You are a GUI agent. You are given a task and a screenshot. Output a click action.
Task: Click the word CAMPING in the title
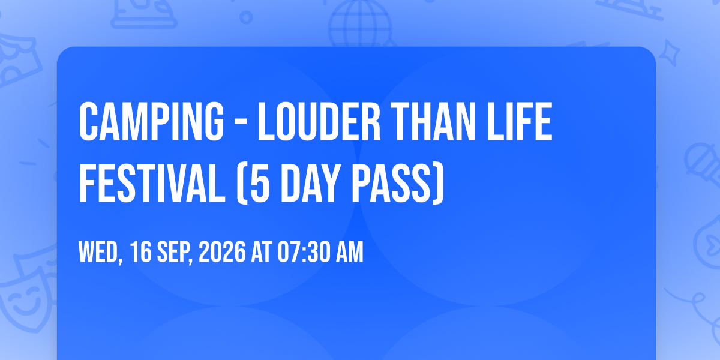tap(151, 121)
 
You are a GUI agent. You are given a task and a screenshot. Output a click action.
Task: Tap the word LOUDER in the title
tap(319, 121)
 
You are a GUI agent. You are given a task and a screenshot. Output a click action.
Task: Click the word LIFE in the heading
tap(520, 121)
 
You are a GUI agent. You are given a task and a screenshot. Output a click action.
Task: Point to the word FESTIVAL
tap(152, 183)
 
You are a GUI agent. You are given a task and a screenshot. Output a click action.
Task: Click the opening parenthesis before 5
tap(242, 184)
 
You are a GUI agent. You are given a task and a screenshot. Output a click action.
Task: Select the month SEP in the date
tap(175, 252)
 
